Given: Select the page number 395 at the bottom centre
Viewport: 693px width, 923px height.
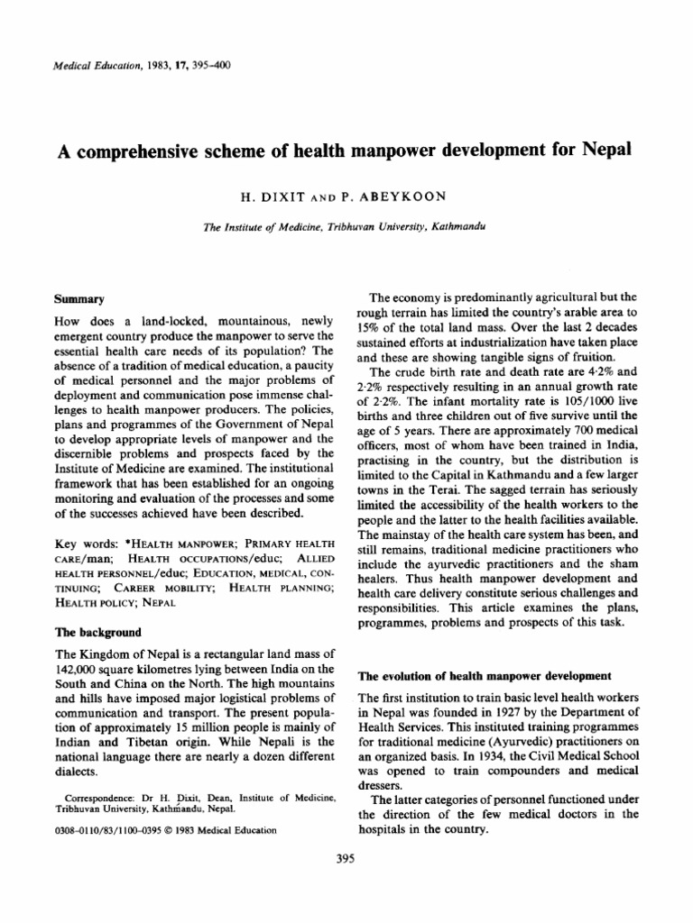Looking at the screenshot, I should (x=346, y=858).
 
